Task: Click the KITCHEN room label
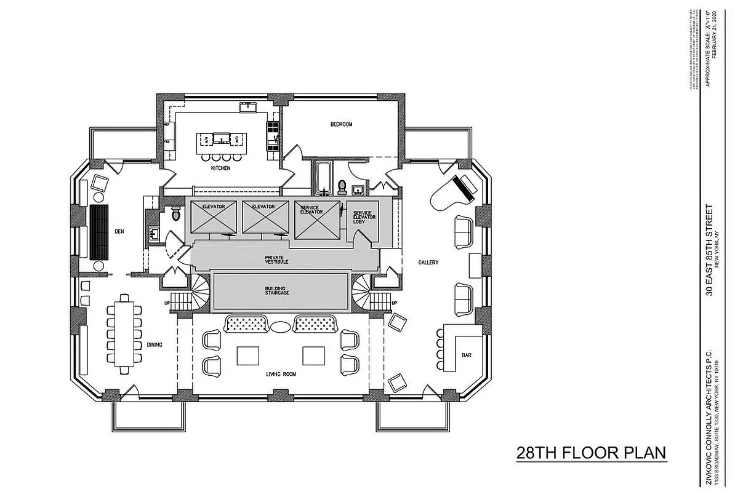click(220, 168)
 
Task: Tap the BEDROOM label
click(341, 124)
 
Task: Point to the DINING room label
click(154, 345)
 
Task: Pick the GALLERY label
click(428, 263)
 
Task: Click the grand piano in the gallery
click(457, 189)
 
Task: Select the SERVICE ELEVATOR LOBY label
click(363, 216)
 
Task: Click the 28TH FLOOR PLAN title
click(591, 453)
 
